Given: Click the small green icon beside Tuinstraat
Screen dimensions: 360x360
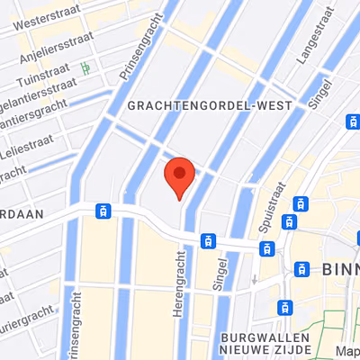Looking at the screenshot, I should click(x=86, y=67).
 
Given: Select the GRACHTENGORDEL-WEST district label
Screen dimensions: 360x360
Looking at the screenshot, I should click(x=211, y=105).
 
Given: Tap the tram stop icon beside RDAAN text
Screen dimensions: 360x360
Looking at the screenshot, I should click(x=103, y=211).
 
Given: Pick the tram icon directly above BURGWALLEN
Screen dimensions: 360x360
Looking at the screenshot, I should click(x=285, y=307).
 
